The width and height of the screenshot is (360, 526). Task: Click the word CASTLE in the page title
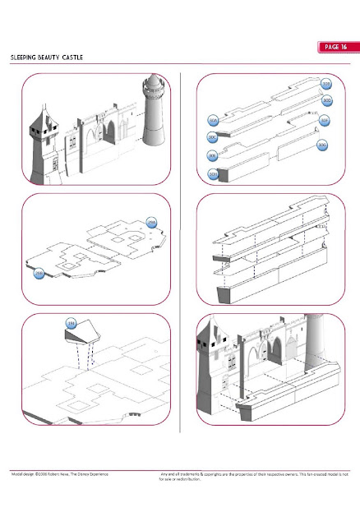coord(69,59)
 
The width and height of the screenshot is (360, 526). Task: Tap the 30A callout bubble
coord(213,121)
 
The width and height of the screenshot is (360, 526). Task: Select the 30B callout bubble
coord(326,85)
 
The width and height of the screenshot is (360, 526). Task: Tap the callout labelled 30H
coord(212,173)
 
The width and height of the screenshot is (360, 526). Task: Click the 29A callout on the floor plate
coord(151,223)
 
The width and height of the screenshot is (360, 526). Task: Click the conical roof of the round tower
coord(153,85)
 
